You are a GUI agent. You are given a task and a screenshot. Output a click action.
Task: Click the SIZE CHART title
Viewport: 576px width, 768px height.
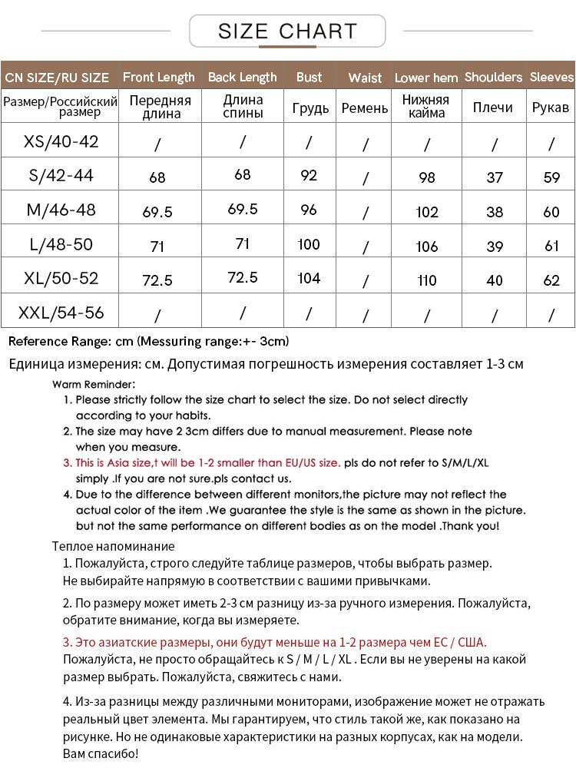point(287,31)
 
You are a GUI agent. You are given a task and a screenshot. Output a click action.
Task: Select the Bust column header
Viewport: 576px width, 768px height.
point(309,77)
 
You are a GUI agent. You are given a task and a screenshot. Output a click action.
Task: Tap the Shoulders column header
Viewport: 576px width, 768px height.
point(493,77)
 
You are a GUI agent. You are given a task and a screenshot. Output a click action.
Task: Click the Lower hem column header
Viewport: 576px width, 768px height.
point(426,78)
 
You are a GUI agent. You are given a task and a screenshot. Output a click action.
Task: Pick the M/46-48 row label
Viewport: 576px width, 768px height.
point(61,210)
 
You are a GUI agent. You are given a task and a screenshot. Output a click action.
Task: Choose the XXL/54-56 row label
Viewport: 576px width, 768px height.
point(61,313)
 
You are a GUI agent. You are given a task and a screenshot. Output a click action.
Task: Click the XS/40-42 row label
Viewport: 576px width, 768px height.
point(61,141)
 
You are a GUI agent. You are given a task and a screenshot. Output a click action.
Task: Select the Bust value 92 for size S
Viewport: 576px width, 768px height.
point(309,175)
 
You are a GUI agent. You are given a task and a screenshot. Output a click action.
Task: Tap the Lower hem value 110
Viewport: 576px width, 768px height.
point(427,280)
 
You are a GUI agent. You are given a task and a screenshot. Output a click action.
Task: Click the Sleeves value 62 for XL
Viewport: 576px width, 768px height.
point(551,280)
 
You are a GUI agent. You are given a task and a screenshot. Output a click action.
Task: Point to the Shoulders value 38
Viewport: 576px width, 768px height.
point(495,212)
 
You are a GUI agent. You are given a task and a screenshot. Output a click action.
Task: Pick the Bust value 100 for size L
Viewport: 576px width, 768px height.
point(309,244)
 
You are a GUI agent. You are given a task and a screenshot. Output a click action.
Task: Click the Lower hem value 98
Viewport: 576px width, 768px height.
point(427,177)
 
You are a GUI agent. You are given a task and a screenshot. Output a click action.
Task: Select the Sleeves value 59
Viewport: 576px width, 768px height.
point(551,177)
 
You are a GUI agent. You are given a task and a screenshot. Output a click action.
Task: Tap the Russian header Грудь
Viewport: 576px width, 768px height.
point(310,108)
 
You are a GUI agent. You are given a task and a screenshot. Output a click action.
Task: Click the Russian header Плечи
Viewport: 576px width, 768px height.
point(493,108)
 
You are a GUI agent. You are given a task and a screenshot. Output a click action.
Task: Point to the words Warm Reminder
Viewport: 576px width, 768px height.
point(94,384)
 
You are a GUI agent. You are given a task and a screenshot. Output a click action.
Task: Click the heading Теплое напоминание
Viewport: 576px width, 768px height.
point(113,546)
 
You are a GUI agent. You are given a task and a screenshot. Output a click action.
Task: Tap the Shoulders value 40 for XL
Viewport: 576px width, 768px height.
point(495,280)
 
